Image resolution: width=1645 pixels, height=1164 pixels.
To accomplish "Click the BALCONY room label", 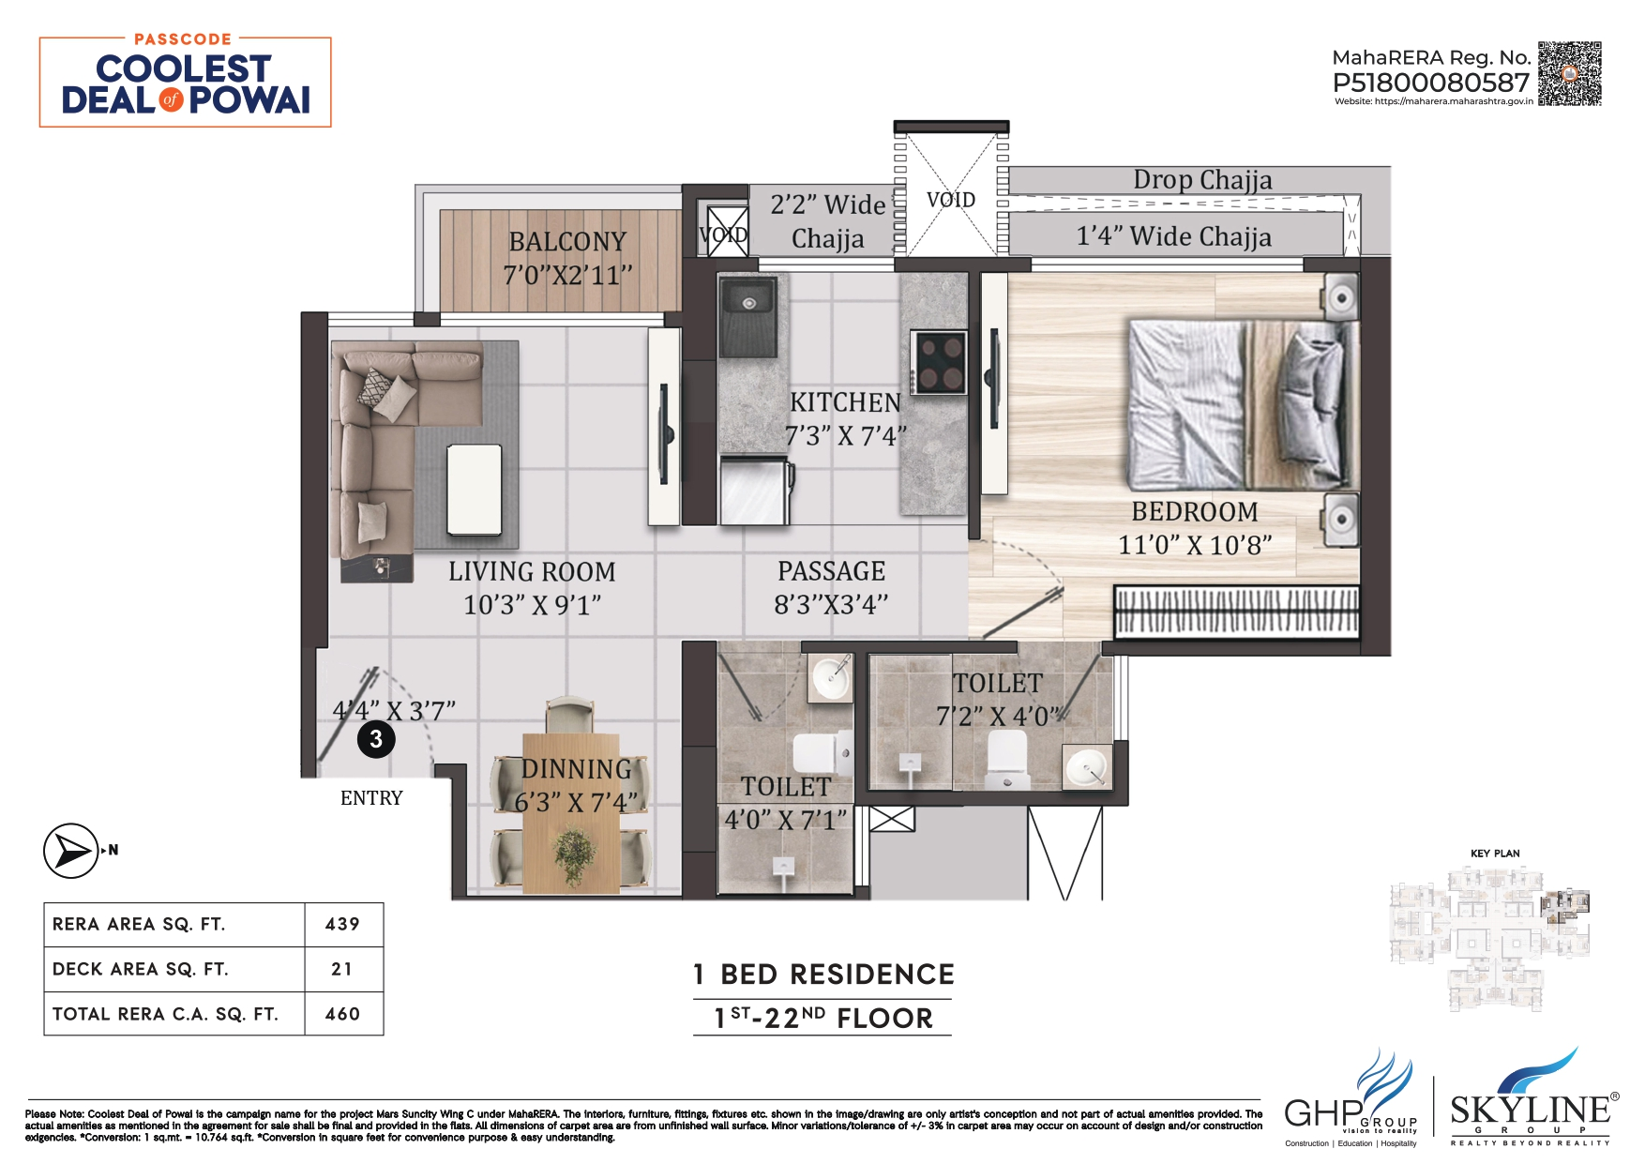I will (567, 242).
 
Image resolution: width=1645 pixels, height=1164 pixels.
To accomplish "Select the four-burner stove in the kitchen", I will (940, 362).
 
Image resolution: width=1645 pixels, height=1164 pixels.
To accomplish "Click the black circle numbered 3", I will (376, 739).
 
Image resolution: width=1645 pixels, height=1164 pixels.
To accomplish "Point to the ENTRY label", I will (371, 798).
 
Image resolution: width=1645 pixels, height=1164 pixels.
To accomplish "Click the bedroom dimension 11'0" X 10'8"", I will (1194, 545).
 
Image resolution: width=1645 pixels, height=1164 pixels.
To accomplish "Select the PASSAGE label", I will (831, 571).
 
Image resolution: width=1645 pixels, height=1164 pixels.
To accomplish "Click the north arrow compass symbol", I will (71, 851).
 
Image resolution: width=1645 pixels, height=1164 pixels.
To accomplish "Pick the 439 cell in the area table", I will (342, 925).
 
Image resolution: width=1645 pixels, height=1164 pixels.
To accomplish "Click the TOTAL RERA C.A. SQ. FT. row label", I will (165, 1014).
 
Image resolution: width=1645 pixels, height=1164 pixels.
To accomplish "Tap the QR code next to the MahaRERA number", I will (1569, 73).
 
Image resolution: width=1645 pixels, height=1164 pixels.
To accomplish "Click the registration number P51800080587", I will (1430, 83).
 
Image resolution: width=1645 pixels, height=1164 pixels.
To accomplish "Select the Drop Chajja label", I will (1202, 179).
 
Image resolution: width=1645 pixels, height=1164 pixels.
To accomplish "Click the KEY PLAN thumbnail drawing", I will (1490, 938).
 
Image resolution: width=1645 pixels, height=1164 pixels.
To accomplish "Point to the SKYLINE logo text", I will (1530, 1111).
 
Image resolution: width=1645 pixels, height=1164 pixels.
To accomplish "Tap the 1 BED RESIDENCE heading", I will (823, 975).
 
